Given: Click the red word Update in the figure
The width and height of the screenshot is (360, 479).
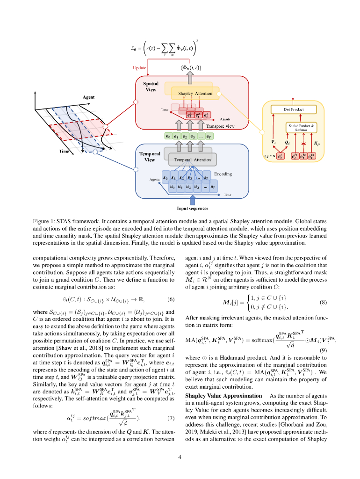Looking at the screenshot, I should [140, 68].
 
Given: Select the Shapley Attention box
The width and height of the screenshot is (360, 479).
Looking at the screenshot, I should [195, 94].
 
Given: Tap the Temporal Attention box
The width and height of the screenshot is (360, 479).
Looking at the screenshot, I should [192, 160].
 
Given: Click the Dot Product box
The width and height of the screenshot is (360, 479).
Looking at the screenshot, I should [294, 109].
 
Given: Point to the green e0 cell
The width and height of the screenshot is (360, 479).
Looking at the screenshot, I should [168, 137].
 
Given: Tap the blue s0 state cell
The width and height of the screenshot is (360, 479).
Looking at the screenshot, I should [166, 178].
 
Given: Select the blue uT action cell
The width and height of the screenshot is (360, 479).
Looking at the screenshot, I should [213, 187].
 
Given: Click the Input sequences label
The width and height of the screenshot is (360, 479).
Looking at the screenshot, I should [192, 208].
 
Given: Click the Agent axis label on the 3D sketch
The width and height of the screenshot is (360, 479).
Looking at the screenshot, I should [89, 97].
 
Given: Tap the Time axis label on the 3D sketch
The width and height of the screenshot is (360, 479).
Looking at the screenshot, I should [64, 151].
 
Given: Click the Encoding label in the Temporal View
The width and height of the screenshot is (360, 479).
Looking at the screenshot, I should [223, 174].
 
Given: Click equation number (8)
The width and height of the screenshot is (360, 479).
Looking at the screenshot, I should [323, 302].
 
